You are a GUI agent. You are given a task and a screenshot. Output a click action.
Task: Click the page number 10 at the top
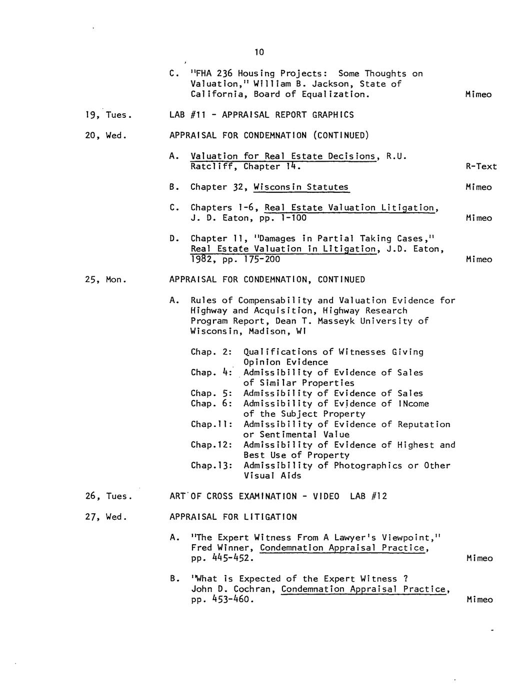[x=258, y=52]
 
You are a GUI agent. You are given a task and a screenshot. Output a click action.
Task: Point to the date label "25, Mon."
[x=106, y=280]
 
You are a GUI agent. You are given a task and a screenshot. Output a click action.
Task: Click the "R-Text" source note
[x=481, y=167]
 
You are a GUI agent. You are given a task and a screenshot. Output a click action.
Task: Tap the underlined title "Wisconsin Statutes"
[x=301, y=187]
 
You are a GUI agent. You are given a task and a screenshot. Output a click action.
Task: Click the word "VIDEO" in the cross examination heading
[x=326, y=496]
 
